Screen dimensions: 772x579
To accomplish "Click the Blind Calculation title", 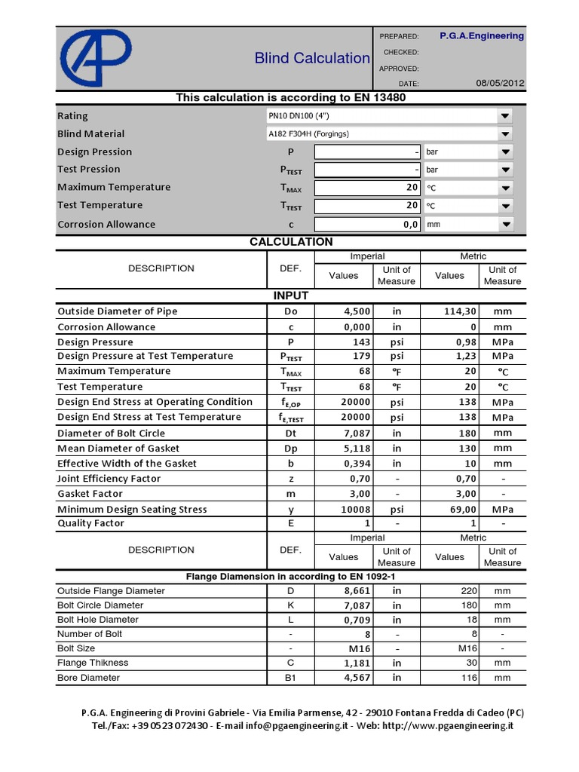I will (x=312, y=58).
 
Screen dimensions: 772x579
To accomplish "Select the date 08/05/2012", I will (x=501, y=83).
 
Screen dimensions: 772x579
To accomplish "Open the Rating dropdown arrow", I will (x=504, y=115).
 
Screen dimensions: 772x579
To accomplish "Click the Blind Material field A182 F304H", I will (x=309, y=133).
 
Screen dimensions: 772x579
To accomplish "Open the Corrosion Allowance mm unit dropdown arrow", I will (x=504, y=224).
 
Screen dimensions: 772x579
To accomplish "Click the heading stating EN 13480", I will (x=291, y=97).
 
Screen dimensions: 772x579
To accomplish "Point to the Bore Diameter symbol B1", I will (x=290, y=678).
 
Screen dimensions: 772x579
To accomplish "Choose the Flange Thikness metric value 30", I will (x=470, y=663).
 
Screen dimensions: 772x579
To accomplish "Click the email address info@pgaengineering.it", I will (x=296, y=725).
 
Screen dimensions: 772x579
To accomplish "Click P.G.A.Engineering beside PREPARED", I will (x=481, y=35).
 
